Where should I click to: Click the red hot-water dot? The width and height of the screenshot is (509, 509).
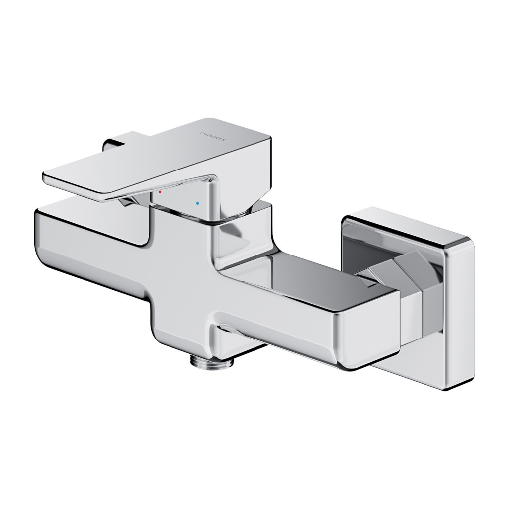coord(160,191)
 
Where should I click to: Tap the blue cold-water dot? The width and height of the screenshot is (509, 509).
coord(198,203)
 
